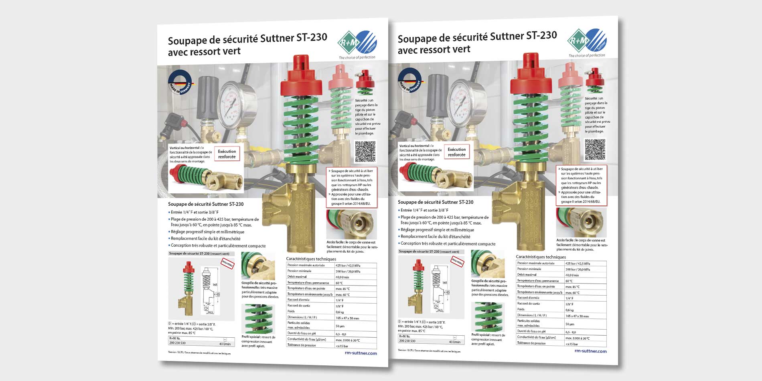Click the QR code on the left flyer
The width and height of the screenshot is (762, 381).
point(365,152)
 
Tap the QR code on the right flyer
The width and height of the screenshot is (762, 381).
point(595,150)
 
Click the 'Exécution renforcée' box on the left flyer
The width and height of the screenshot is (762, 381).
point(227,154)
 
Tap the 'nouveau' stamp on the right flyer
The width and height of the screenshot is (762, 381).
point(457,261)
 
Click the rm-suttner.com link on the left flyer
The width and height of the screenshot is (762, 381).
point(361,353)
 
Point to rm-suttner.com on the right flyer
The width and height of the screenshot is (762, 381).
point(590,351)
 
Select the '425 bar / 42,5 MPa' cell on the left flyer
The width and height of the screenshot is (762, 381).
point(348,265)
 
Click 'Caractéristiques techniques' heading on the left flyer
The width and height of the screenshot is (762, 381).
point(311,259)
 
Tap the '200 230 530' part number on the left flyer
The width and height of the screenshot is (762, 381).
point(177,343)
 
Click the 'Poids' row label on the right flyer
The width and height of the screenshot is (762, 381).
point(521,309)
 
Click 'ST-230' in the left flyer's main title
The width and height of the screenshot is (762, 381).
point(312,38)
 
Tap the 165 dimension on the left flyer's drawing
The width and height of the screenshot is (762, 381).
point(215,285)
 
